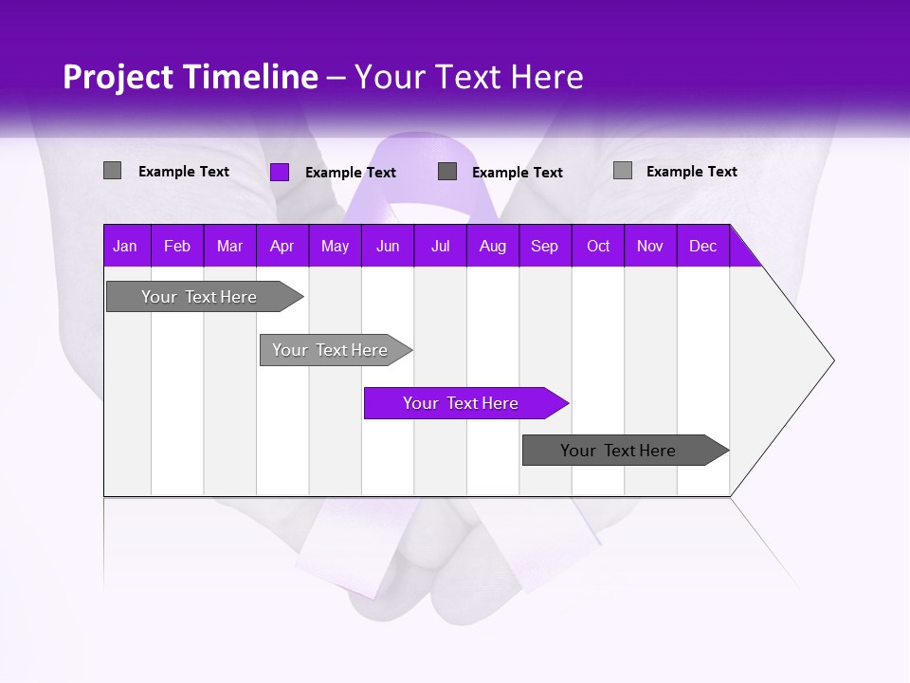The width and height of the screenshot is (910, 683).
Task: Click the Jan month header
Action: (x=125, y=246)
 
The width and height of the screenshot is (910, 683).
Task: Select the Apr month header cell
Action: (x=282, y=246)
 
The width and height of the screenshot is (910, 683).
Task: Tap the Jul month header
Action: (x=440, y=246)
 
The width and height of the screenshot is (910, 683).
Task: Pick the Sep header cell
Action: (x=544, y=246)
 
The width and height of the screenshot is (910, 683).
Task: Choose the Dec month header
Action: (x=702, y=246)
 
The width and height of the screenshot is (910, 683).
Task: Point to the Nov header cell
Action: (x=649, y=246)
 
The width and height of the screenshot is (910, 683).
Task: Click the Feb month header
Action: (x=177, y=246)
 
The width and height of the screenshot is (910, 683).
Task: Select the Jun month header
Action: (x=387, y=246)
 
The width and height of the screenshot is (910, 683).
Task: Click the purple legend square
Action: (x=280, y=172)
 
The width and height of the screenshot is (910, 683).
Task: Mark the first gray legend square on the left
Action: (x=112, y=171)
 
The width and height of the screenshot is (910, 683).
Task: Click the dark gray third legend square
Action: (x=447, y=171)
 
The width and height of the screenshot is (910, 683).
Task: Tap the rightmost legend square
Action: (x=623, y=171)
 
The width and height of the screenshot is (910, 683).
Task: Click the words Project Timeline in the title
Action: (x=190, y=77)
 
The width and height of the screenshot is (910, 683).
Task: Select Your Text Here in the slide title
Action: (x=468, y=77)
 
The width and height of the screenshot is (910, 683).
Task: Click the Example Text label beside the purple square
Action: (x=351, y=173)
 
